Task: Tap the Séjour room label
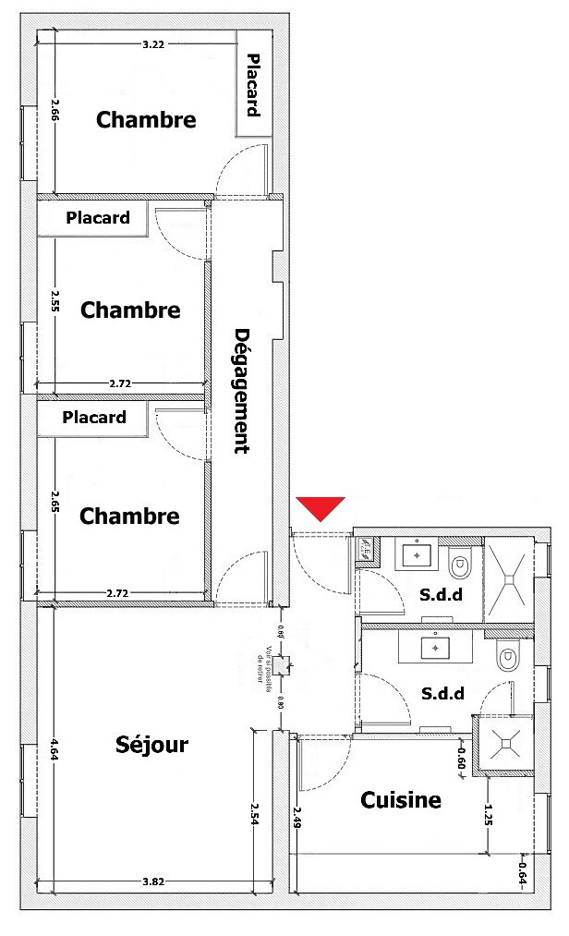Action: pyautogui.click(x=152, y=744)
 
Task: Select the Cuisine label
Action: pyautogui.click(x=400, y=800)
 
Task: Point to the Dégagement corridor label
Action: pyautogui.click(x=243, y=392)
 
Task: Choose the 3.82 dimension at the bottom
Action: pyautogui.click(x=154, y=882)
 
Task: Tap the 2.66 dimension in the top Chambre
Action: pyautogui.click(x=54, y=111)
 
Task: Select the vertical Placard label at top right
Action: pyautogui.click(x=253, y=84)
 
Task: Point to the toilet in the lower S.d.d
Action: pyautogui.click(x=506, y=658)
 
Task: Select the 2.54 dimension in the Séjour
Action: pyautogui.click(x=255, y=813)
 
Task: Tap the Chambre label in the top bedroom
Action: pyautogui.click(x=146, y=120)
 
